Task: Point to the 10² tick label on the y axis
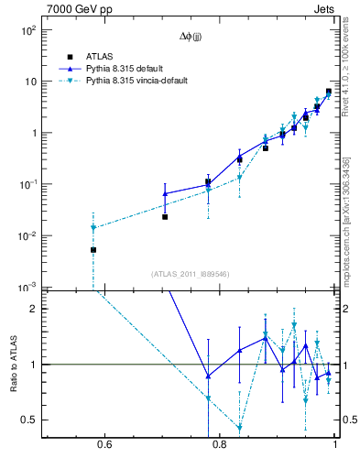28,30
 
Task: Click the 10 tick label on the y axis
29,82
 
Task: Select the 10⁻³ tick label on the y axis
27,287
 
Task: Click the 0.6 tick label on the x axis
104,446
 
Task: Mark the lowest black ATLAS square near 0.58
93,249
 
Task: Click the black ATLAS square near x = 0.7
165,217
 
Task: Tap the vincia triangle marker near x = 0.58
93,227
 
